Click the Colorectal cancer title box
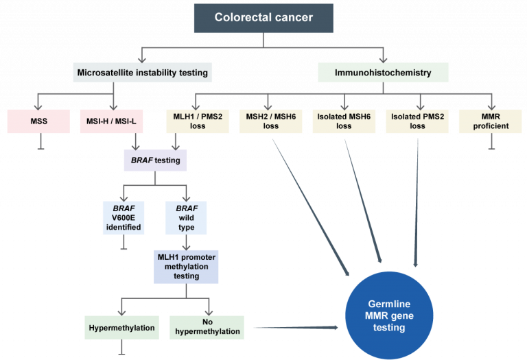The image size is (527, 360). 264,19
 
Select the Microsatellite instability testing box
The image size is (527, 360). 141,72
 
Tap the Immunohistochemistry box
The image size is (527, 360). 384,72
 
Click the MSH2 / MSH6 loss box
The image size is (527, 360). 272,121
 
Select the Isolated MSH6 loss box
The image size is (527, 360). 344,121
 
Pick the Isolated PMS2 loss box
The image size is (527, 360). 417,121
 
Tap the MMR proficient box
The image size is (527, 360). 491,121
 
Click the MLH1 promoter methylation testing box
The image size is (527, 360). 185,265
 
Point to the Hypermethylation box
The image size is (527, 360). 122,327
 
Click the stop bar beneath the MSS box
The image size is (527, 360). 40,147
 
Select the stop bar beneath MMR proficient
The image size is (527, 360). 491,147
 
